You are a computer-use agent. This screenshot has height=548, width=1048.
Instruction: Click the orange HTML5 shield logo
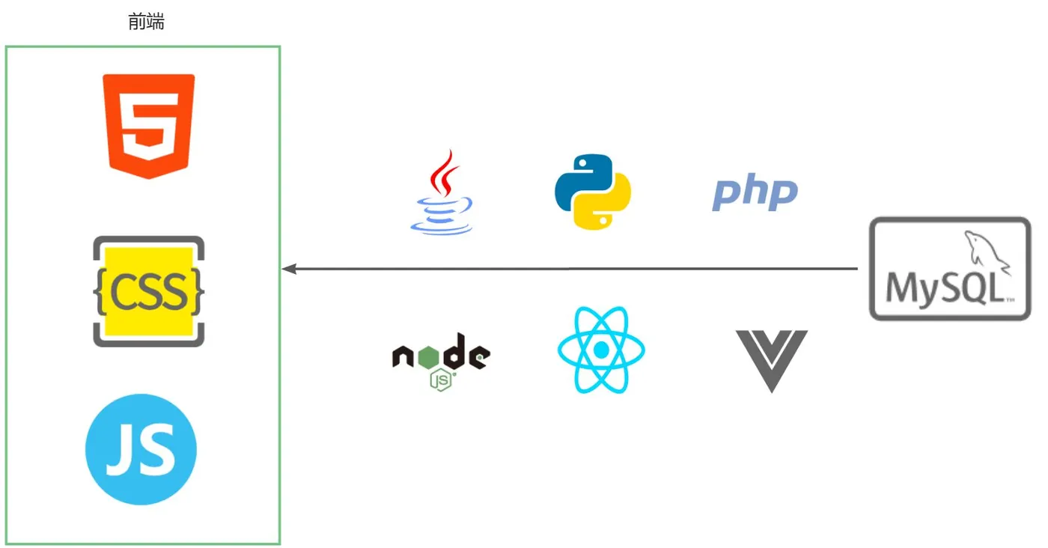[149, 125]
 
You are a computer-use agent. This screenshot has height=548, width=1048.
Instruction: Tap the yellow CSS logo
[149, 291]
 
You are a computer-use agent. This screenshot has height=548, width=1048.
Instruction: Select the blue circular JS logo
[141, 450]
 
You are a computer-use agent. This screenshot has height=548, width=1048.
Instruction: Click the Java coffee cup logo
[442, 193]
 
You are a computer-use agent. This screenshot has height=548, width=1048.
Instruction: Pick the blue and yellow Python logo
[592, 191]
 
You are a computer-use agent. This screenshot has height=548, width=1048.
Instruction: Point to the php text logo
[755, 192]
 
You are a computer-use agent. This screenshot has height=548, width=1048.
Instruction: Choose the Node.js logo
[441, 360]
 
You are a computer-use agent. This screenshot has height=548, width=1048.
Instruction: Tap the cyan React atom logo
[600, 350]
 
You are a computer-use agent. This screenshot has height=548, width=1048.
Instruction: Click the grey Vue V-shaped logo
[771, 360]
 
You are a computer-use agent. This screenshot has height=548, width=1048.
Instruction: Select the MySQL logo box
[950, 269]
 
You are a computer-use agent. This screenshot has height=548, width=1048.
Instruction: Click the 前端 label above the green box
[146, 22]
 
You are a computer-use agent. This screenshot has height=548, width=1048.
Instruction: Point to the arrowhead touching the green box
[288, 269]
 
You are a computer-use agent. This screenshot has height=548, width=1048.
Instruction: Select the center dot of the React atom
[600, 350]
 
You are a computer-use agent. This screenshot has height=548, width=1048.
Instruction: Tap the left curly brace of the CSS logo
[100, 292]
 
